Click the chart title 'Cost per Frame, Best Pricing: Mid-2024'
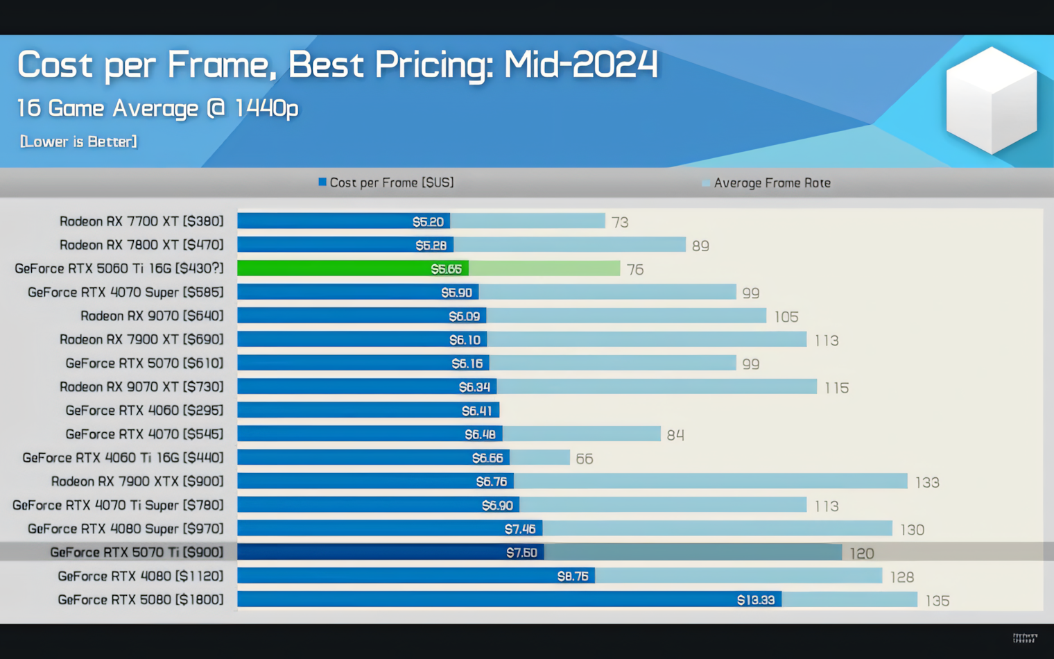(x=337, y=65)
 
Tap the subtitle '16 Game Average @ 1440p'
(x=157, y=108)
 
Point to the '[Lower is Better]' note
(x=78, y=142)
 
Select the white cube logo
(x=991, y=100)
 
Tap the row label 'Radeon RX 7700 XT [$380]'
(x=141, y=221)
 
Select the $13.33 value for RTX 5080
(x=755, y=599)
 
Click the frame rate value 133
(x=927, y=482)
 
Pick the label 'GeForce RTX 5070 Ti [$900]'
(x=137, y=552)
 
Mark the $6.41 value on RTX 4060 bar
(x=476, y=411)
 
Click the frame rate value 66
(x=585, y=459)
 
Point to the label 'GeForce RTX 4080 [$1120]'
(x=141, y=576)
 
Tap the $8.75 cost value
(x=573, y=576)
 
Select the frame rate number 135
(x=938, y=600)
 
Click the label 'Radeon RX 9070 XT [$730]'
(x=141, y=386)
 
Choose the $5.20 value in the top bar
(x=428, y=221)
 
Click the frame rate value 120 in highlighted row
(x=861, y=553)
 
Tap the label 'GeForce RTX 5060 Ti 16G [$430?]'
(x=119, y=268)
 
